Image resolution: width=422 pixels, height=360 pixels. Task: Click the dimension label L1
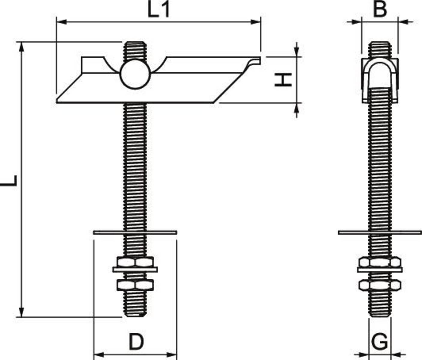click(159, 9)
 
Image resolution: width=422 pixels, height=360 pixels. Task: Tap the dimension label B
click(380, 9)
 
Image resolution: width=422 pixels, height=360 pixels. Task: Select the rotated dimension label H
click(283, 80)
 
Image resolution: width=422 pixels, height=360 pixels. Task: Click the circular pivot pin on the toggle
click(135, 74)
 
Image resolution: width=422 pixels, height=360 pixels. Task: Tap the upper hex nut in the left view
click(135, 262)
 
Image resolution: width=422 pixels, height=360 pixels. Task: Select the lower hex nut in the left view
click(135, 285)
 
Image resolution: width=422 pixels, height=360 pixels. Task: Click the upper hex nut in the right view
click(380, 262)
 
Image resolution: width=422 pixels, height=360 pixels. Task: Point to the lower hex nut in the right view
click(380, 285)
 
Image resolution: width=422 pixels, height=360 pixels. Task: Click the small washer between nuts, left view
click(135, 270)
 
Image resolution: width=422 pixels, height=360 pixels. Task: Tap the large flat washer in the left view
click(135, 232)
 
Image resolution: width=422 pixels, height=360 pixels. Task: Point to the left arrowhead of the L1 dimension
click(62, 22)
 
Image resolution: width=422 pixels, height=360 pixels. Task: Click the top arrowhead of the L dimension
click(21, 47)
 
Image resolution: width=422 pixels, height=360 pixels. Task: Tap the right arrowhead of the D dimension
click(172, 355)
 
